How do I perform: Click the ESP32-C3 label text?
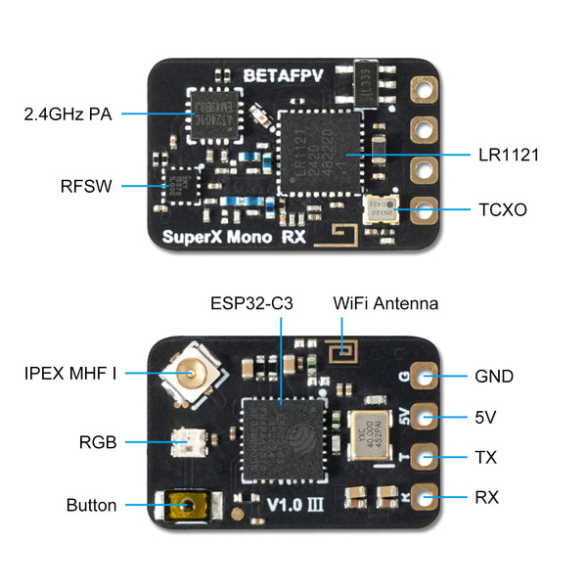click(x=256, y=303)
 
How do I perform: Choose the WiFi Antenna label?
click(x=386, y=303)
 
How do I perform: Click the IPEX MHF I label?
click(x=70, y=373)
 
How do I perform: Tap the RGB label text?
click(x=99, y=442)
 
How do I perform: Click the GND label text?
click(x=493, y=376)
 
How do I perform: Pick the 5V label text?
click(x=485, y=417)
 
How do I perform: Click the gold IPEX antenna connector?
click(x=187, y=372)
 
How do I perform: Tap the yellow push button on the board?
click(x=183, y=506)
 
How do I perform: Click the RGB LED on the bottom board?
click(x=185, y=443)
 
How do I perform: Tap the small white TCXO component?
click(x=376, y=208)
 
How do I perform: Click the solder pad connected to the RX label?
click(x=425, y=496)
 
